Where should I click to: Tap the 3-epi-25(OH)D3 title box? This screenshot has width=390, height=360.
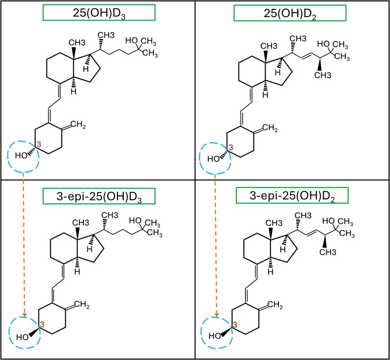(x=98, y=197)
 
